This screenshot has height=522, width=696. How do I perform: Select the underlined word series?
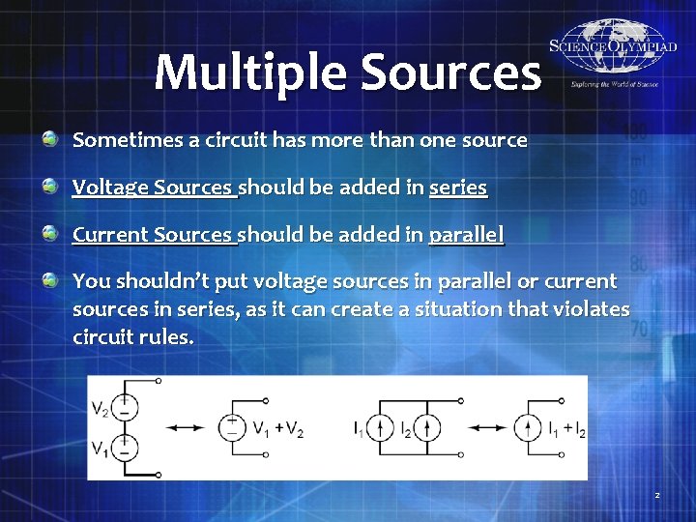tap(458, 188)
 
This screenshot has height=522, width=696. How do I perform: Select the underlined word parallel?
tap(467, 234)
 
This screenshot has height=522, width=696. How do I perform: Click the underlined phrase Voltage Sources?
tap(154, 188)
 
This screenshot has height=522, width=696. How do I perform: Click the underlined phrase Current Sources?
tap(154, 234)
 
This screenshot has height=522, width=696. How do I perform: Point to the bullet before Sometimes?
tap(49, 140)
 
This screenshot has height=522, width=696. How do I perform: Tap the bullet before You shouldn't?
tap(49, 281)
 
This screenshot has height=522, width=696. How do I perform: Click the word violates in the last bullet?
tap(593, 309)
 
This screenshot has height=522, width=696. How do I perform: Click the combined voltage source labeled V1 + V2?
tap(232, 427)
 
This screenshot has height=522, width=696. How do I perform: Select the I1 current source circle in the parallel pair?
tap(381, 427)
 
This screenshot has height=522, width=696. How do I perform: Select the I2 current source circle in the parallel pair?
tap(429, 427)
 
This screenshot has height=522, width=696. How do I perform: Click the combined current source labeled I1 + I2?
tap(528, 427)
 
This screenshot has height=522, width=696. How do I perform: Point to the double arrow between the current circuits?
tap(478, 427)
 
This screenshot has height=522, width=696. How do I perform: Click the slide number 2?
tap(657, 496)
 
